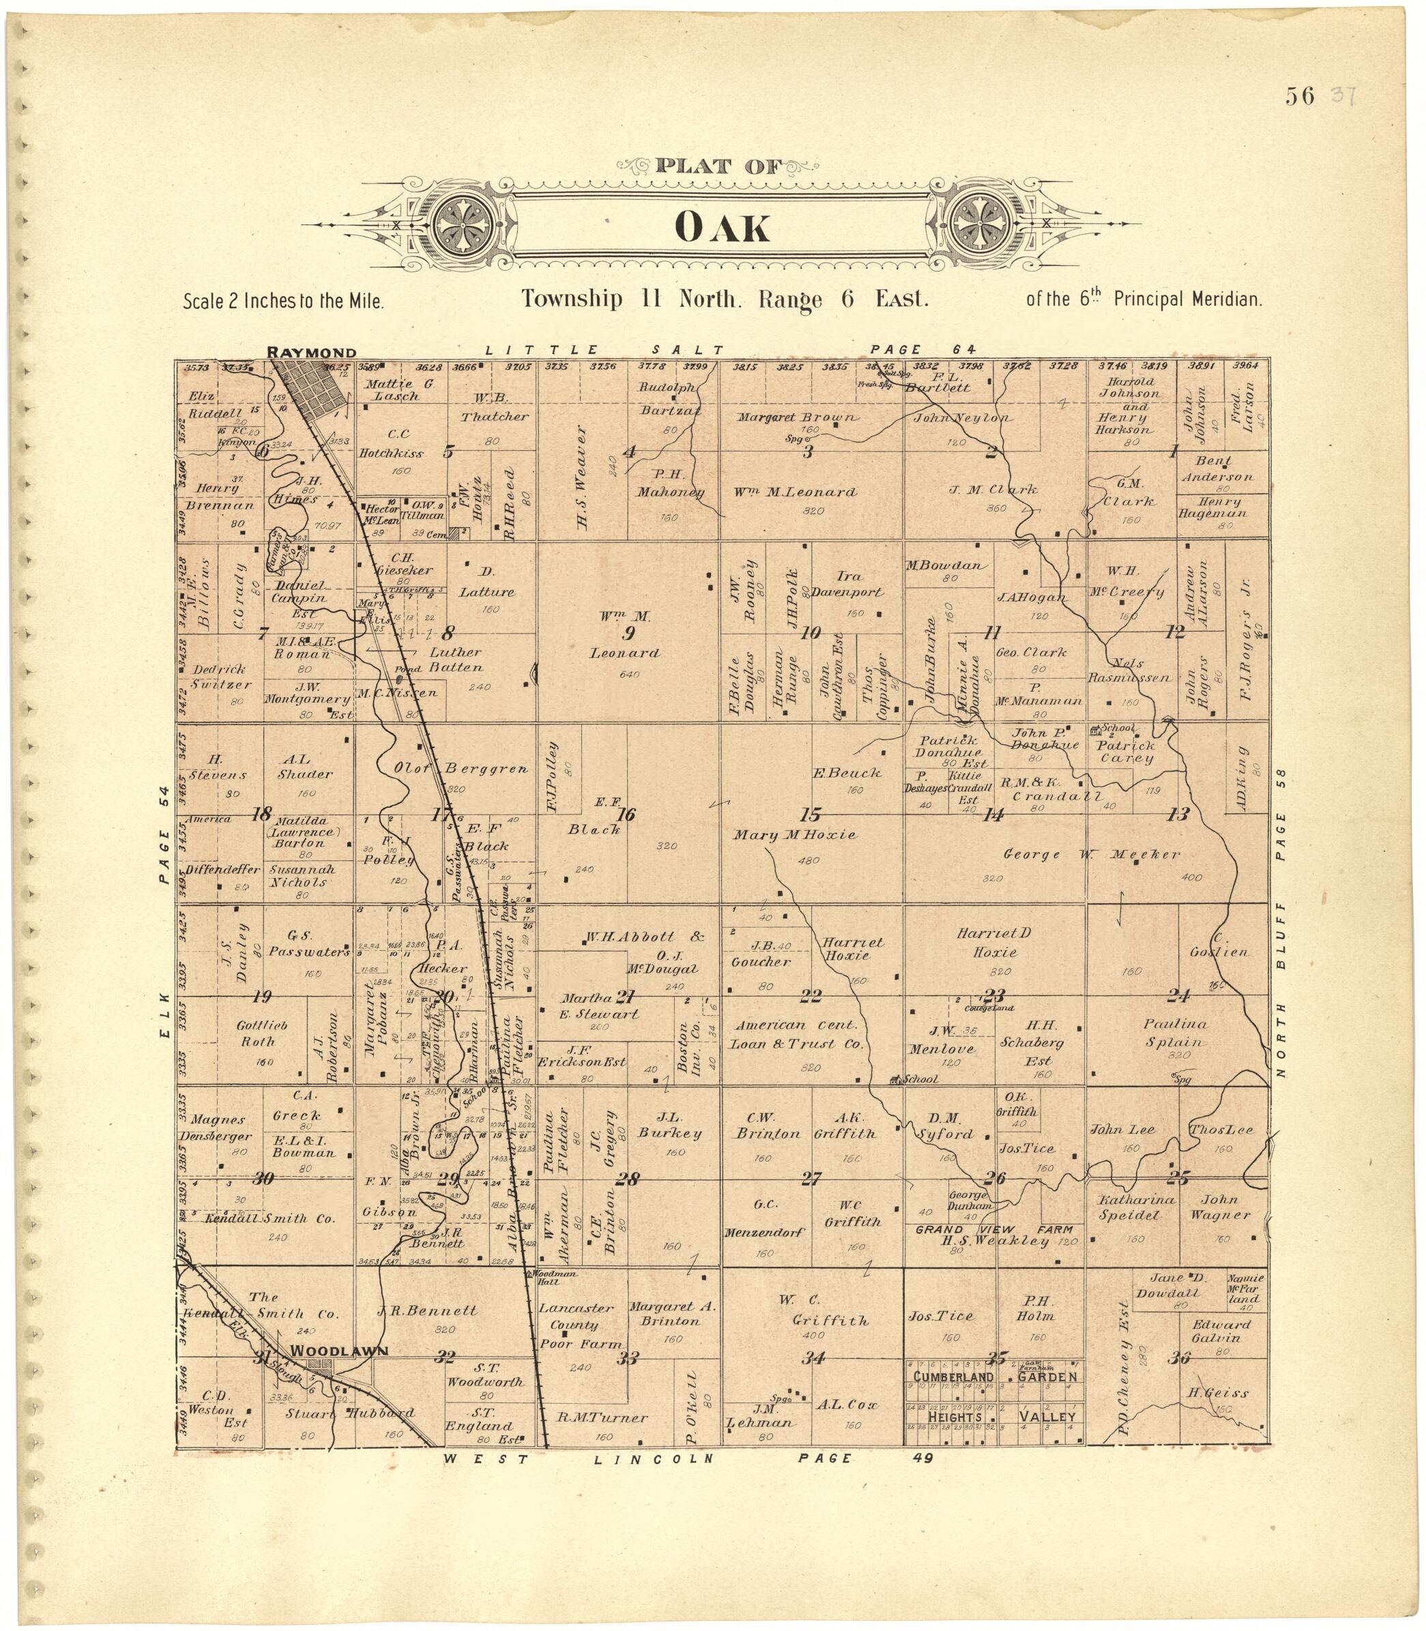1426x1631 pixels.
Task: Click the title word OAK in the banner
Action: click(722, 229)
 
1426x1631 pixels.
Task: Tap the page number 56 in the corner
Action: click(1300, 96)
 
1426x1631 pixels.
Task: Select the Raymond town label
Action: click(311, 353)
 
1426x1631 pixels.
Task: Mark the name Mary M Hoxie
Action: click(794, 834)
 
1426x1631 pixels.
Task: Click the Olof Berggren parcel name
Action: click(461, 769)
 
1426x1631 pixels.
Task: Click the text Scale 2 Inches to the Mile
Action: click(283, 302)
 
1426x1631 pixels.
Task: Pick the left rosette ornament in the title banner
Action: click(468, 226)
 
